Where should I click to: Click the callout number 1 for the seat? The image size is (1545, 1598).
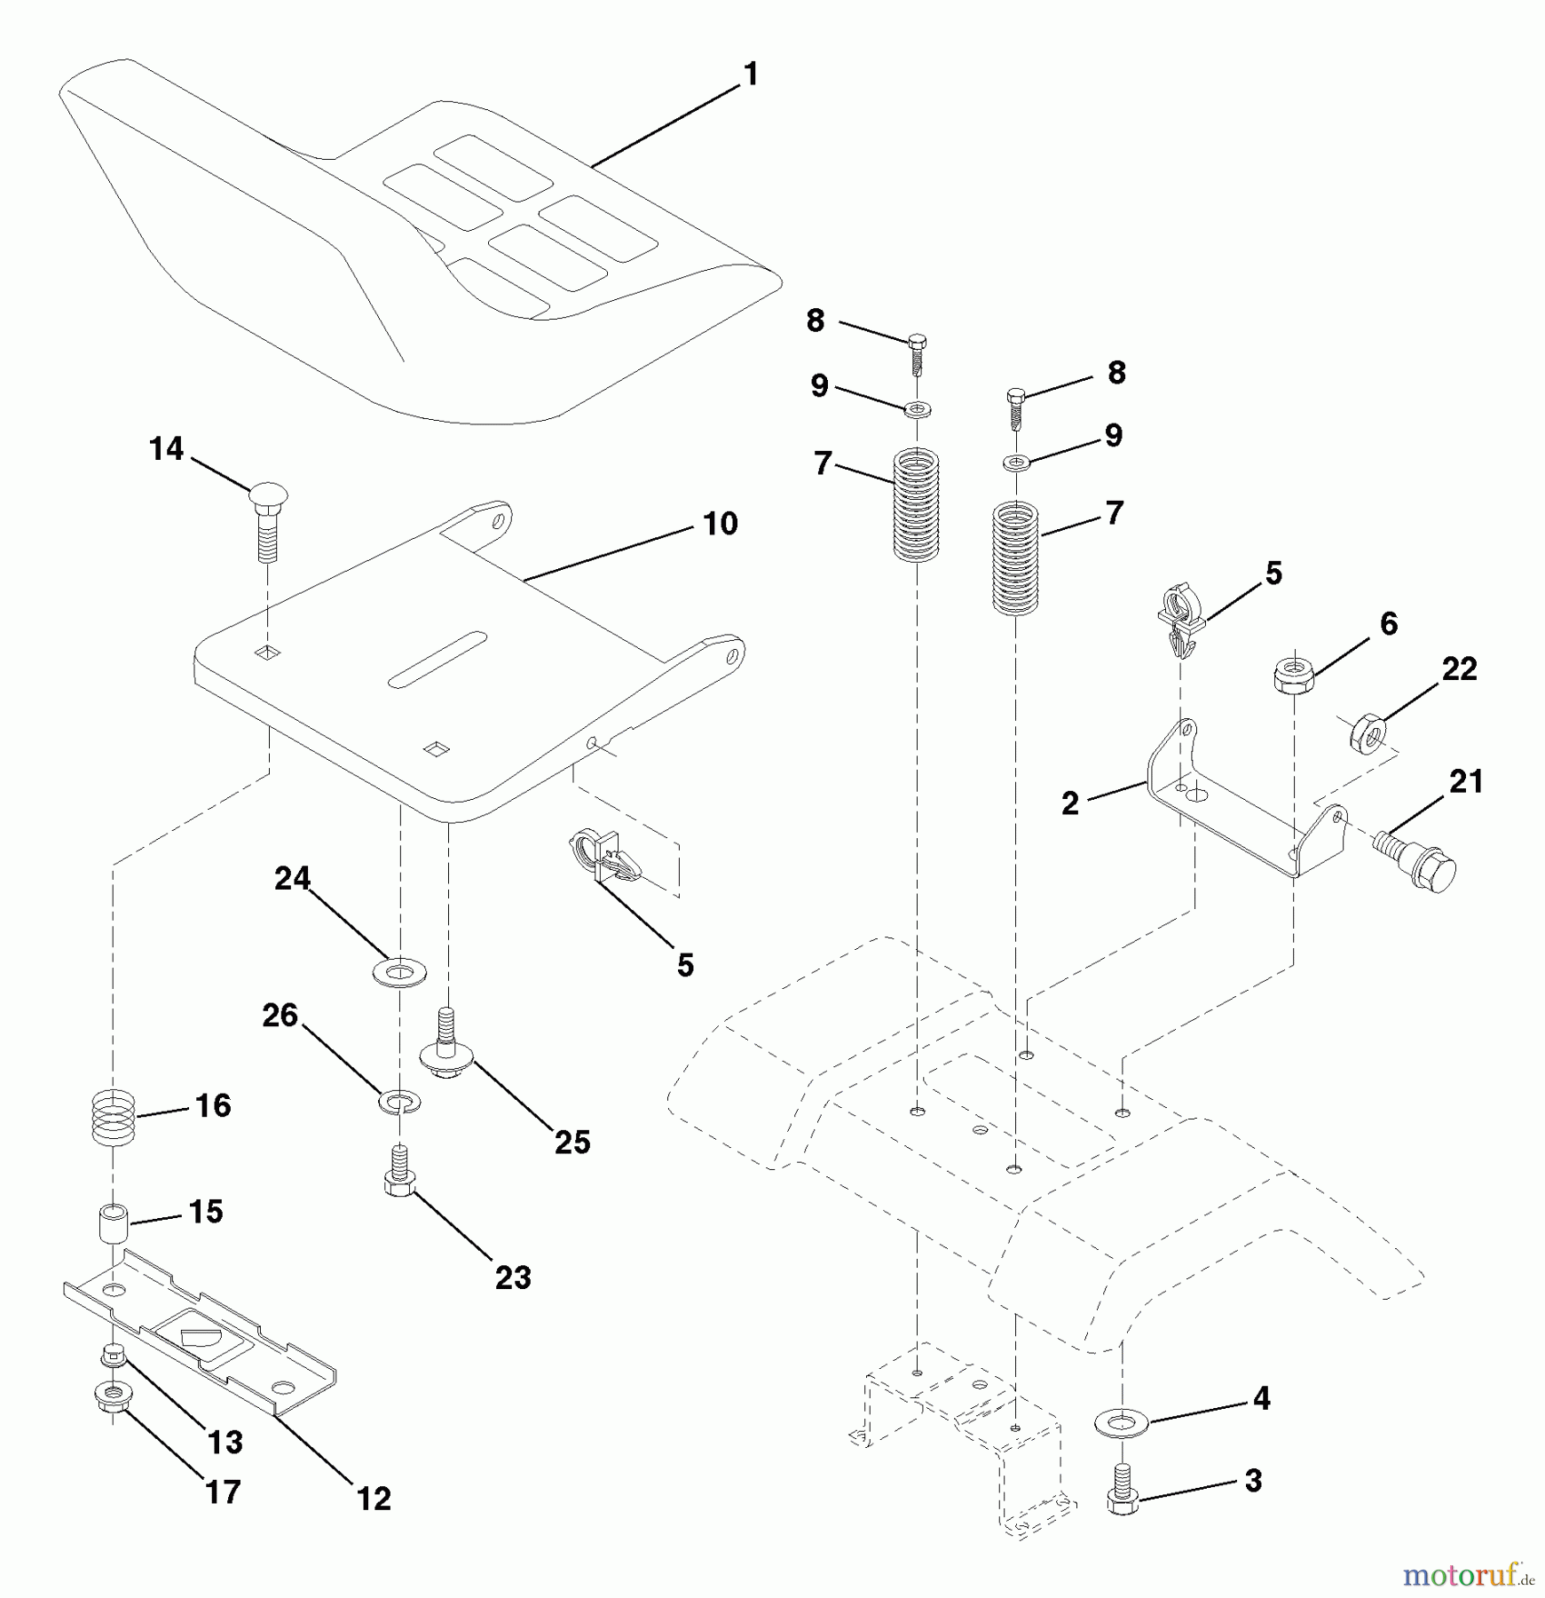click(751, 75)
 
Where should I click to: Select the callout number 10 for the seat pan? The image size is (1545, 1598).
click(720, 524)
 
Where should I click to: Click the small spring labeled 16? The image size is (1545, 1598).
click(114, 1118)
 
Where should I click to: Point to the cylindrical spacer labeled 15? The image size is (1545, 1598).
click(114, 1225)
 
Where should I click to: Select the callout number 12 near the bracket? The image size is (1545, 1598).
click(374, 1499)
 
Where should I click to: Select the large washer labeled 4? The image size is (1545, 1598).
click(1123, 1423)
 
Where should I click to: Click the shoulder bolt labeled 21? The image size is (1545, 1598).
click(1416, 856)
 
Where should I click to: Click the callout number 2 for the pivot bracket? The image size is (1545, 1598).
click(1070, 803)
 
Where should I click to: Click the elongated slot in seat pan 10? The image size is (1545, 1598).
click(437, 659)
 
